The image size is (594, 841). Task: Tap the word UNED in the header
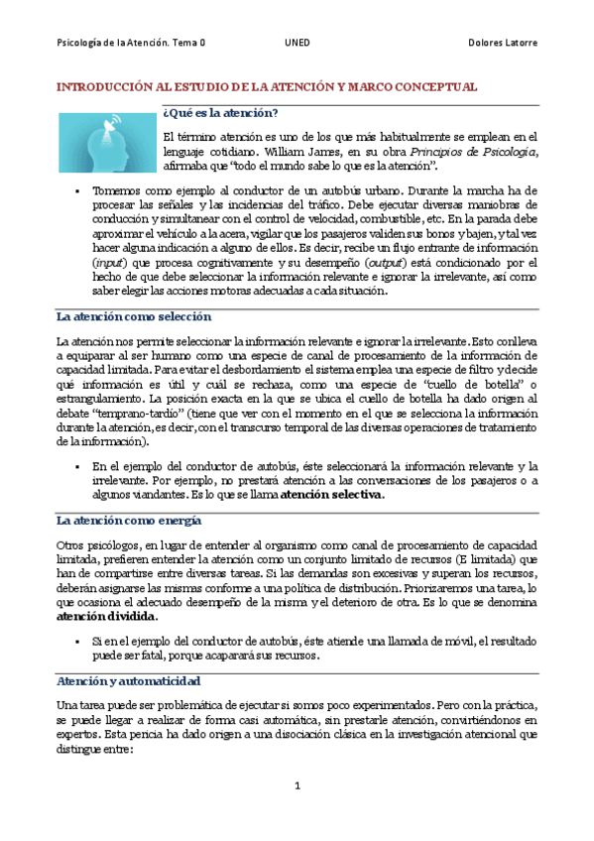click(x=296, y=43)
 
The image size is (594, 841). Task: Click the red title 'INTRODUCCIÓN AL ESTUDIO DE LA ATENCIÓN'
click(x=266, y=87)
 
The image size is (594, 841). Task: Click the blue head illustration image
click(x=104, y=141)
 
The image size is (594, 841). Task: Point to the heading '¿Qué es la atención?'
click(x=219, y=113)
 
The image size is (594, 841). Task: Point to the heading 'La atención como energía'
click(x=129, y=520)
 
